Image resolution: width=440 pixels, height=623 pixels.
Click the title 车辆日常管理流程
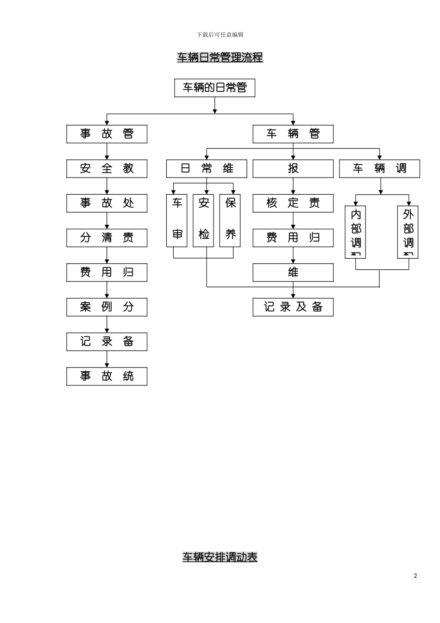coord(220,57)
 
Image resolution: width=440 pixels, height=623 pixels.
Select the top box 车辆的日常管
coord(214,88)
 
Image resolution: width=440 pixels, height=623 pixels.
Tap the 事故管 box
coord(107,134)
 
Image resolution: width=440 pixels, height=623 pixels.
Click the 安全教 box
coord(107,169)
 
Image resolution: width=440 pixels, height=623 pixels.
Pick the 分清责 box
coord(107,238)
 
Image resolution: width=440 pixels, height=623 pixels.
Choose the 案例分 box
coord(107,307)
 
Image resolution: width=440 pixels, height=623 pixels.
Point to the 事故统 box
coord(107,376)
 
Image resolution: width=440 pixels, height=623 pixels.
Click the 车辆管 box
coord(293,134)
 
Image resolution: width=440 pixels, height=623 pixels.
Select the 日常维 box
coord(207,169)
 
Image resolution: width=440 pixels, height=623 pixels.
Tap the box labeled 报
coord(293,169)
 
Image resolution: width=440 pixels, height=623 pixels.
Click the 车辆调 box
coord(379,169)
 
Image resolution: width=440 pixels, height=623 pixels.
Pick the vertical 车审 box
coord(177,221)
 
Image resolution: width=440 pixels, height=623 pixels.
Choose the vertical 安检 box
coord(203,221)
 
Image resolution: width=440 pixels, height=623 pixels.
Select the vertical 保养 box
coord(230,221)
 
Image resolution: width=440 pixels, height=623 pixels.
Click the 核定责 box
coord(293,203)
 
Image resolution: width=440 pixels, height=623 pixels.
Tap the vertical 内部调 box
coord(355,232)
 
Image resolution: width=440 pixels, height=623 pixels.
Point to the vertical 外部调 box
coord(408,232)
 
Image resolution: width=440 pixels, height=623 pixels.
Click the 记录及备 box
coord(293,307)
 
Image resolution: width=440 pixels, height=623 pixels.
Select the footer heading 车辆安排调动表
coord(220,557)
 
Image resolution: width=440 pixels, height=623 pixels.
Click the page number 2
coord(415,576)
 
